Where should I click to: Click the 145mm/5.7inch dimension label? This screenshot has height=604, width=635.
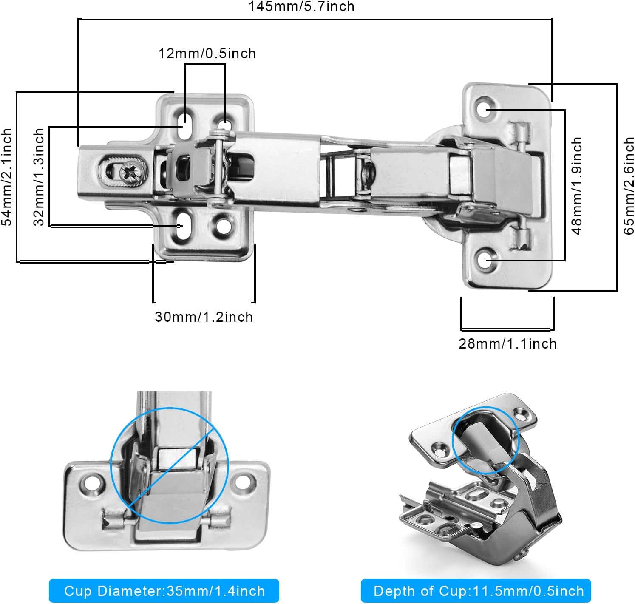click(x=301, y=6)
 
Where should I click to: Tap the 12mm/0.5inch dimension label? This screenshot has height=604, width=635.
click(x=207, y=54)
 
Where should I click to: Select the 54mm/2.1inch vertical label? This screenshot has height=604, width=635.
click(x=7, y=177)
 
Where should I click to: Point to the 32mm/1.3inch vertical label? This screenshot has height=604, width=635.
click(x=39, y=177)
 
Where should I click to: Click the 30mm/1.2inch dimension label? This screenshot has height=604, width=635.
click(x=204, y=317)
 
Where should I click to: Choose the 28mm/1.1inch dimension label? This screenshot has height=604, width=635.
click(x=507, y=343)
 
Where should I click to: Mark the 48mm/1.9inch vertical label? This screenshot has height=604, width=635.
click(x=577, y=185)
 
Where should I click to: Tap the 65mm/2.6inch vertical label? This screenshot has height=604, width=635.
click(x=629, y=185)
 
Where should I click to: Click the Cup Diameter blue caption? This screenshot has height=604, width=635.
click(x=164, y=591)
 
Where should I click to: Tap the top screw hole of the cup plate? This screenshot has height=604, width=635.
click(x=485, y=108)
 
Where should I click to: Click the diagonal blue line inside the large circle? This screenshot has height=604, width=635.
click(x=170, y=468)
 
